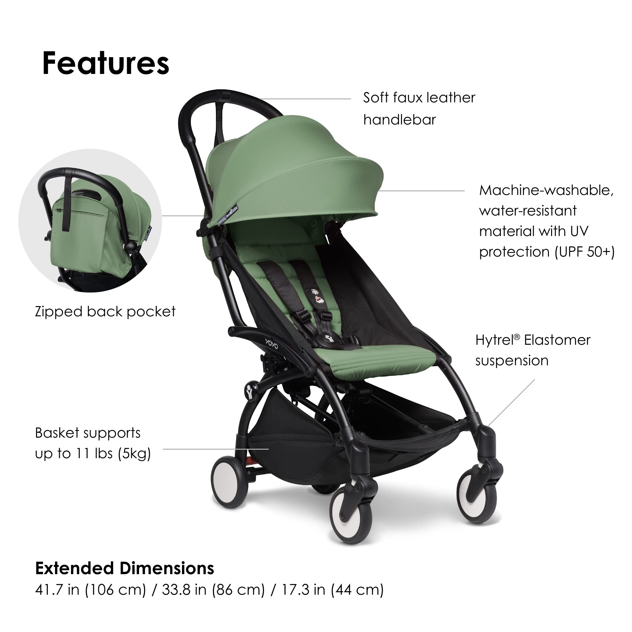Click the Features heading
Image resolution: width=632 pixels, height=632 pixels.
click(x=106, y=63)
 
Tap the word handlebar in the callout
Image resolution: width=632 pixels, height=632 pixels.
click(x=399, y=120)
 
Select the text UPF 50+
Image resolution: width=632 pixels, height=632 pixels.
click(x=585, y=252)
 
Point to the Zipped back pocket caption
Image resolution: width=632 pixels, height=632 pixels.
click(x=105, y=312)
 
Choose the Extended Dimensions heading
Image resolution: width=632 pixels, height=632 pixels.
click(x=125, y=568)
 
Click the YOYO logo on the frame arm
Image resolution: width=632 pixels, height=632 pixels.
click(x=271, y=344)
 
